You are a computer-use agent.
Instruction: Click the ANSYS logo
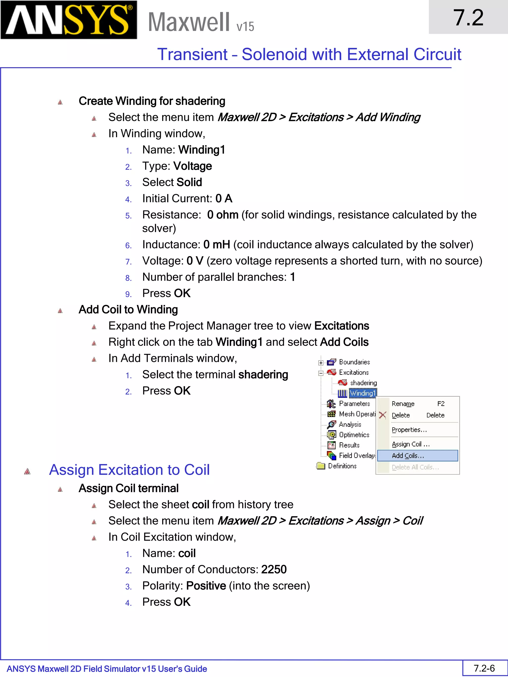pos(69,20)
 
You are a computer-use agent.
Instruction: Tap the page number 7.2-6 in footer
pos(484,668)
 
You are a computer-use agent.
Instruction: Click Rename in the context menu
pos(403,404)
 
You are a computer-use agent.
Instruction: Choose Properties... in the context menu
pos(409,430)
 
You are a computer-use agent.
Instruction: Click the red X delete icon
pos(382,415)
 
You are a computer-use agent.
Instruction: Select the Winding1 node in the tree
pos(363,393)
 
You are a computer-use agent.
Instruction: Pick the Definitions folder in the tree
pos(342,466)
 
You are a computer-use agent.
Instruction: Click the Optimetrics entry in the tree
pos(354,435)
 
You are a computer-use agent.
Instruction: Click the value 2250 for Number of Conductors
pos(274,569)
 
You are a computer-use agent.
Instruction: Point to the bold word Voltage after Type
pos(192,166)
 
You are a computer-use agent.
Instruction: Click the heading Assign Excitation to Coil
pos(129,470)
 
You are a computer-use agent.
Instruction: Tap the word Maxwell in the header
pos(189,22)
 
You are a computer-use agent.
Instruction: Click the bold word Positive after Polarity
pos(206,586)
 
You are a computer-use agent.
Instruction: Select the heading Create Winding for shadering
pos(152,101)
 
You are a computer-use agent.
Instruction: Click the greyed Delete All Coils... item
pos(415,467)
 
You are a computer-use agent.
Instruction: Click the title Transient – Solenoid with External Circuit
pos(309,55)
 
